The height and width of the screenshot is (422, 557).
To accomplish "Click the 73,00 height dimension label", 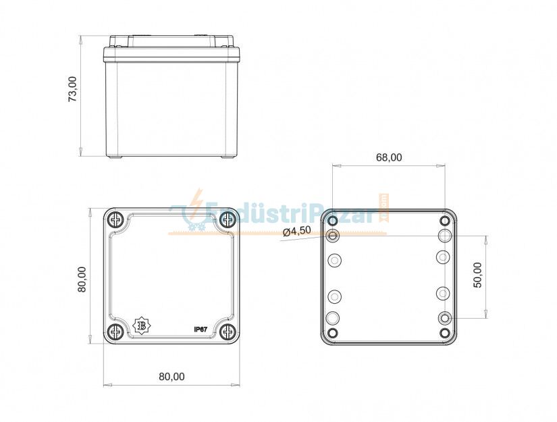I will click(x=72, y=89).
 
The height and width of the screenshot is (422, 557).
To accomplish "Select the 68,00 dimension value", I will click(x=388, y=157).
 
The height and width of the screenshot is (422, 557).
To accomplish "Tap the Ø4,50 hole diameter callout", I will click(x=297, y=231).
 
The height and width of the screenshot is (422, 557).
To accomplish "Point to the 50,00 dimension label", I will click(x=477, y=275).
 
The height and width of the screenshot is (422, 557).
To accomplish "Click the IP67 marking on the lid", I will click(x=200, y=329).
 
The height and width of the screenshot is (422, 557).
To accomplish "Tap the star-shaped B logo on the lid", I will click(x=142, y=326).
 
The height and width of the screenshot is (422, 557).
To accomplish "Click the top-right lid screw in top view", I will click(x=228, y=219).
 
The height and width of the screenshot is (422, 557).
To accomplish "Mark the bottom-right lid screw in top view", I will click(x=228, y=332).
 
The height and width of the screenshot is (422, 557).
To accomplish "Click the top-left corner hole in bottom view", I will click(x=332, y=220).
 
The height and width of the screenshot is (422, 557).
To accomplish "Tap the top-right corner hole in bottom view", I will click(x=444, y=220).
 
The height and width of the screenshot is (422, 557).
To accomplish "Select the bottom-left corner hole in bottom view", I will click(x=332, y=334).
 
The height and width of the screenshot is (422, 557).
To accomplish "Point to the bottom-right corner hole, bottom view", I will click(x=444, y=334).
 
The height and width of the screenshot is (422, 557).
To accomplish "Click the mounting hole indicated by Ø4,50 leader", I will click(x=333, y=236).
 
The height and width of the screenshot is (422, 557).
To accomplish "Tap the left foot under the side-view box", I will click(x=115, y=158).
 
